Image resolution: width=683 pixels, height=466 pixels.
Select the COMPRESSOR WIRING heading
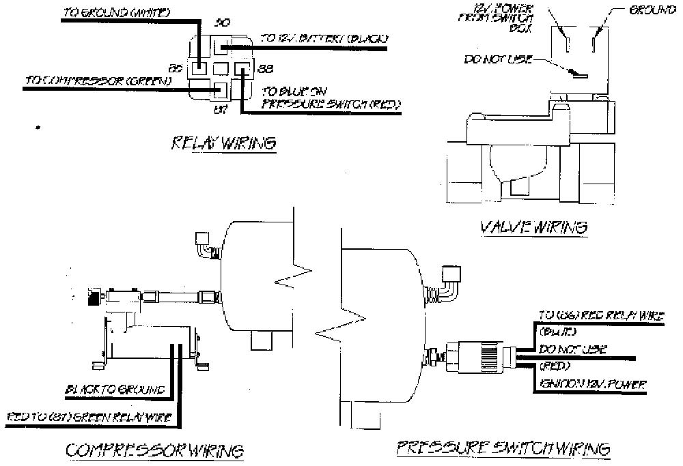tap(154, 450)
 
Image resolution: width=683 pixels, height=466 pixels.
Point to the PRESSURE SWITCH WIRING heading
tap(503, 448)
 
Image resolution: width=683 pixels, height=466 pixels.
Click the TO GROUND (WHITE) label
tap(116, 13)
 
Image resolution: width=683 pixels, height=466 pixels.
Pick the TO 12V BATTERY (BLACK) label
tap(324, 39)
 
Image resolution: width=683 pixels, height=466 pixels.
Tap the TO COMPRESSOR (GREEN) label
tap(98, 81)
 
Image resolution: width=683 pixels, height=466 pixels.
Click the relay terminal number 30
tap(221, 23)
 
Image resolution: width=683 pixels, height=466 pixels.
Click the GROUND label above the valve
tap(647, 12)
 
